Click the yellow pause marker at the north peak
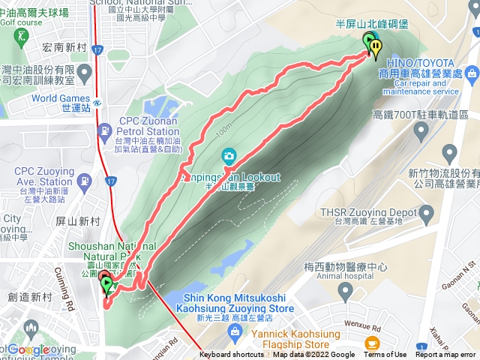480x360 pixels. point(374,46)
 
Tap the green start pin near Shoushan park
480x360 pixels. point(106,284)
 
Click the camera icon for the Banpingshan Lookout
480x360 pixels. point(228,156)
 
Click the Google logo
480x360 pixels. point(28,349)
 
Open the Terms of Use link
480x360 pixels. point(385,355)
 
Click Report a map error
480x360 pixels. point(445,355)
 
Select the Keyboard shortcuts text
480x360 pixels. point(232,355)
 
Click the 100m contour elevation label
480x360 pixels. point(223,133)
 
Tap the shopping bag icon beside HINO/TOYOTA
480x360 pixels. point(470,74)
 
